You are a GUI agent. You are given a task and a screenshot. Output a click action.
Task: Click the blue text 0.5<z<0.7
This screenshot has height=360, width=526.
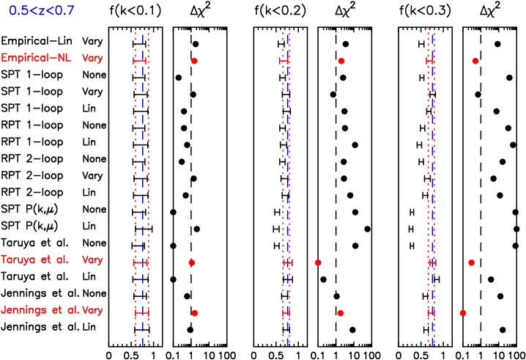point(42,11)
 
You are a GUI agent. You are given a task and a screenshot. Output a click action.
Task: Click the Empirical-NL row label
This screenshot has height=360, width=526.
point(36,59)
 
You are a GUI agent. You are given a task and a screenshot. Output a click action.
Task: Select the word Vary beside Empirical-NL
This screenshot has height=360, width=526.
point(92,59)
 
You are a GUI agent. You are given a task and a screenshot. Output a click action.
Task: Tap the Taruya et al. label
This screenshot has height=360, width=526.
point(34,260)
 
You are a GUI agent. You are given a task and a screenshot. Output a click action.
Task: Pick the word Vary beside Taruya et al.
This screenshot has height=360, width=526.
point(92,260)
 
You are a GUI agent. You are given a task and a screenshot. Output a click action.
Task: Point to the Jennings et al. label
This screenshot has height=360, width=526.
point(40,310)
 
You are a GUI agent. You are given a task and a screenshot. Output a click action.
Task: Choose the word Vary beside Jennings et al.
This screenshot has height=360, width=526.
point(92,310)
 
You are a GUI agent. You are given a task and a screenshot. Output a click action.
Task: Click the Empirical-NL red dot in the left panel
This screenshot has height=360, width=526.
point(194,61)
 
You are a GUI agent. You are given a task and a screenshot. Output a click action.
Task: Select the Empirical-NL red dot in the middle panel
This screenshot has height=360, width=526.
point(341,61)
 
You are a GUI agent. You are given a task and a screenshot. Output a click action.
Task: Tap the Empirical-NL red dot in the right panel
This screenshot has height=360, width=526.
point(475,61)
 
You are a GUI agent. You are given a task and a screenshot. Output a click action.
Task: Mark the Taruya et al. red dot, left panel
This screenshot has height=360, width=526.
point(192,262)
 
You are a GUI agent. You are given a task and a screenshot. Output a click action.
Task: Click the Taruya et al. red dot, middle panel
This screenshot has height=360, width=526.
point(318,262)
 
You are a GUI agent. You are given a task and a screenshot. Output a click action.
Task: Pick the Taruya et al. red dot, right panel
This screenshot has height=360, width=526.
point(471,262)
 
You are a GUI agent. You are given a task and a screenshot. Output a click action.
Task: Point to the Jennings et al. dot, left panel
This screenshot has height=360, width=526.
point(195,313)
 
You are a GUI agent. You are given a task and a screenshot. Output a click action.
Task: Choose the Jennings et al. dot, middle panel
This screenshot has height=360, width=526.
point(341,313)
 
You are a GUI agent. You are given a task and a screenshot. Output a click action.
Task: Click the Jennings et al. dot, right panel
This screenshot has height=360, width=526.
point(463,313)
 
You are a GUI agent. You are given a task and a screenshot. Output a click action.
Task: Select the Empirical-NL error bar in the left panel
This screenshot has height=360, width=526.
point(139,62)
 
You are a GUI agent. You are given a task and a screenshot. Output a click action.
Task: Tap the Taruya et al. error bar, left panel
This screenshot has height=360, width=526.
point(141,262)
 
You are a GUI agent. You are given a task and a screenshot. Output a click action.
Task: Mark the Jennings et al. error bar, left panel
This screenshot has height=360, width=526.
point(141,313)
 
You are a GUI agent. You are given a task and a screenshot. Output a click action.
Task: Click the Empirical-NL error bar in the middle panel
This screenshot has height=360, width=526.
point(284,62)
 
